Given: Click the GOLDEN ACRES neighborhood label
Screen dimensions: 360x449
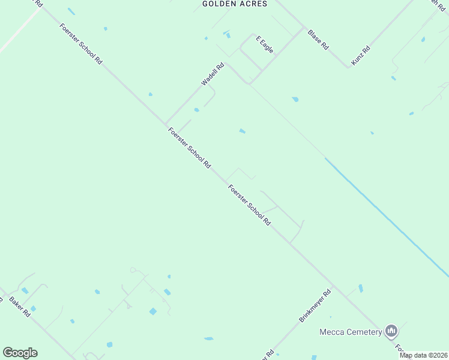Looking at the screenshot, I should (x=234, y=4).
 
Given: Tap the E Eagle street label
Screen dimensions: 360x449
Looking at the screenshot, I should (x=265, y=44).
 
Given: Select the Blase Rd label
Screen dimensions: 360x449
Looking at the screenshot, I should (x=318, y=39).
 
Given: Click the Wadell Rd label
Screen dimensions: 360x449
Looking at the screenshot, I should (x=212, y=74).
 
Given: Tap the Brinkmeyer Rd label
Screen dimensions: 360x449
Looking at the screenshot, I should (x=315, y=306).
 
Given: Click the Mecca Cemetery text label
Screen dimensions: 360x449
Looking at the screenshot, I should (x=351, y=332).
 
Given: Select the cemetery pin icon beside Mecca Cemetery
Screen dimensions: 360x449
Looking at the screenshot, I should (x=391, y=331).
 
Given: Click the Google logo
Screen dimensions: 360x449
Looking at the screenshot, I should (x=20, y=353).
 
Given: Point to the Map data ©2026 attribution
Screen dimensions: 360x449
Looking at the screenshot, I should (x=424, y=355).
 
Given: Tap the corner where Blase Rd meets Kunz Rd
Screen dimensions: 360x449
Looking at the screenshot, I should (x=348, y=66).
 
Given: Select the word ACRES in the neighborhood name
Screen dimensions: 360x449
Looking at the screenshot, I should (x=252, y=4).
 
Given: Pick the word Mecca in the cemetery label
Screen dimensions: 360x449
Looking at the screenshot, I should (x=330, y=332).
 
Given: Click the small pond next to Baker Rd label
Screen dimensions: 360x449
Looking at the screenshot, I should (x=33, y=308).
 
